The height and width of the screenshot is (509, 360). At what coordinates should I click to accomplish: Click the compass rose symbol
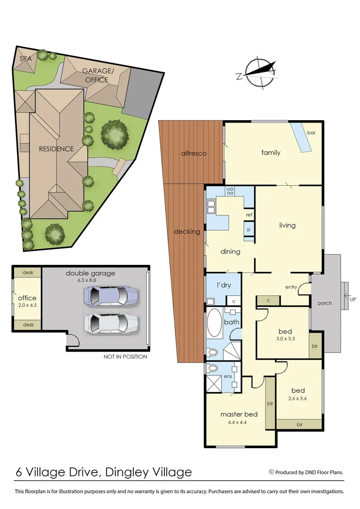(x=258, y=73)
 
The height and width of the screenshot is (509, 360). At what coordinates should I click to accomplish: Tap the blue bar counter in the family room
(x=301, y=138)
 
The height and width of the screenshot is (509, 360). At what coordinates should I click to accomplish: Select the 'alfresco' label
(x=194, y=153)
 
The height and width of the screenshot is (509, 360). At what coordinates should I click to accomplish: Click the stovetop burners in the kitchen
(x=231, y=191)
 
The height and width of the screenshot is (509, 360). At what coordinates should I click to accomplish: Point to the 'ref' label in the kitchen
(x=249, y=214)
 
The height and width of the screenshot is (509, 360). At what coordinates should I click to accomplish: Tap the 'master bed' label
(x=239, y=414)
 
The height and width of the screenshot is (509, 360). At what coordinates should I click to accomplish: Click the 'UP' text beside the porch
(x=352, y=298)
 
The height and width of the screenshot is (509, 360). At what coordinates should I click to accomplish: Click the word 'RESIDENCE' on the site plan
(x=56, y=149)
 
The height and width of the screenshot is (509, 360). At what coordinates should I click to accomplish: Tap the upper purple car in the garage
(x=110, y=296)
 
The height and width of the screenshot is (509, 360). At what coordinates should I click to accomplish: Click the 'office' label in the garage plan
(x=27, y=298)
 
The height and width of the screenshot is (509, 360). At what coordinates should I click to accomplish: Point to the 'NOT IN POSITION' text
(x=125, y=357)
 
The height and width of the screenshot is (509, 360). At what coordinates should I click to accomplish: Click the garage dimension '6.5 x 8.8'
(x=90, y=280)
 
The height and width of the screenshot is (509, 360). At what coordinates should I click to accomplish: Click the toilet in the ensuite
(x=213, y=368)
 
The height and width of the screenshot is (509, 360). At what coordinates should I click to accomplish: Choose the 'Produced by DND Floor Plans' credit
(x=306, y=472)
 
